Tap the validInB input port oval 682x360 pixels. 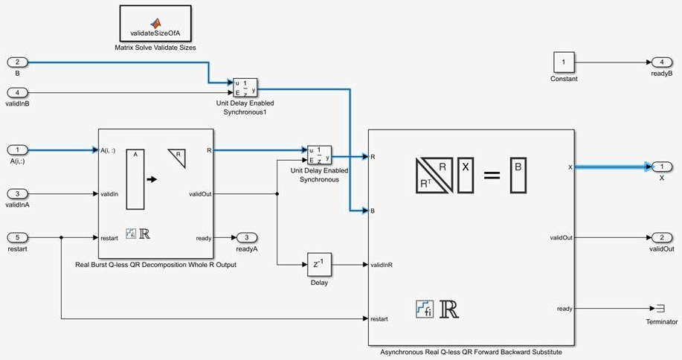(x=17, y=92)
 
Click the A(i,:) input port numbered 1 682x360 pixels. (x=17, y=150)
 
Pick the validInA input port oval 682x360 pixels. (x=17, y=193)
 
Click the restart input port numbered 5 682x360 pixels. (x=17, y=237)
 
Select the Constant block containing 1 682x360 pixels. (x=563, y=62)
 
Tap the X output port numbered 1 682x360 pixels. (x=660, y=167)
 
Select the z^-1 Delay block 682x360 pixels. (x=318, y=264)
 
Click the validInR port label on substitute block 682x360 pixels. (x=382, y=264)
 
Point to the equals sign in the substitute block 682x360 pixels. (x=492, y=176)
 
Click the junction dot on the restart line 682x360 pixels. (x=61, y=238)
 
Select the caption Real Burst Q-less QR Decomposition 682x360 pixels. (x=155, y=265)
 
